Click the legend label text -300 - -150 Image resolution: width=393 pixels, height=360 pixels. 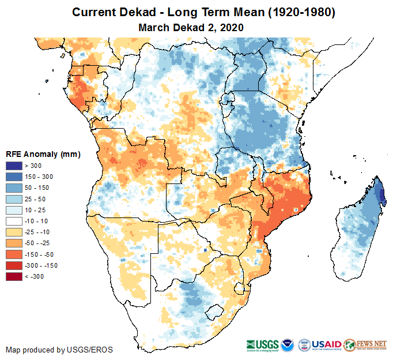42,266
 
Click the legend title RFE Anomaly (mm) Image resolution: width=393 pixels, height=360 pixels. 43,154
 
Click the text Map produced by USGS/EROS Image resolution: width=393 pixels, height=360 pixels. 59,350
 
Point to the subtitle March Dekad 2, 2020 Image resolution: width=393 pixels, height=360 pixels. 191,27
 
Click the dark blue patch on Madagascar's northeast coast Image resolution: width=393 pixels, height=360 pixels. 380,193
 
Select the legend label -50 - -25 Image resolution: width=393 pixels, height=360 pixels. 39,243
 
